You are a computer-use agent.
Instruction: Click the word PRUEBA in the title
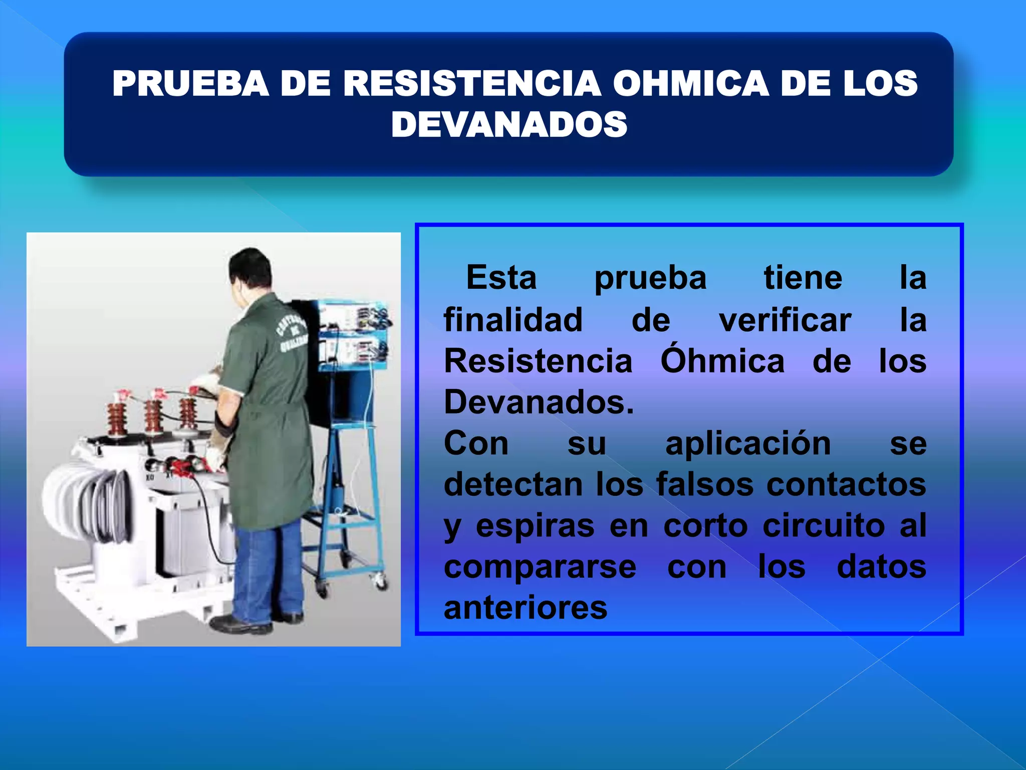coord(190,83)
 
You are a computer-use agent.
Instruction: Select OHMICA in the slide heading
coord(690,83)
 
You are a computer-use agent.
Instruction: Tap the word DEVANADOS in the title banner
coord(509,124)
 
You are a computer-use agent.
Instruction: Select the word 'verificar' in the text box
coord(785,320)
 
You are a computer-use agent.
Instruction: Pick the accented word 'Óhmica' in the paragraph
coord(722,361)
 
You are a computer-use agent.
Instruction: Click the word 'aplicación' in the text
coord(748,444)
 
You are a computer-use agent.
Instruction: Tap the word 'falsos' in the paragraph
coord(704,485)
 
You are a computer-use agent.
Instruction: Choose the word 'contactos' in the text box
coord(846,485)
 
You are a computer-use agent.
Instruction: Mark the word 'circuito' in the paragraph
coord(824,526)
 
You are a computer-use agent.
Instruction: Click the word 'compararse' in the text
coord(540,567)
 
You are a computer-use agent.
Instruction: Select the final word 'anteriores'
coord(526,608)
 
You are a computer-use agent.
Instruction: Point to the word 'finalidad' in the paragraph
coord(513,320)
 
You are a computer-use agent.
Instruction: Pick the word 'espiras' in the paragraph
coord(535,526)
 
